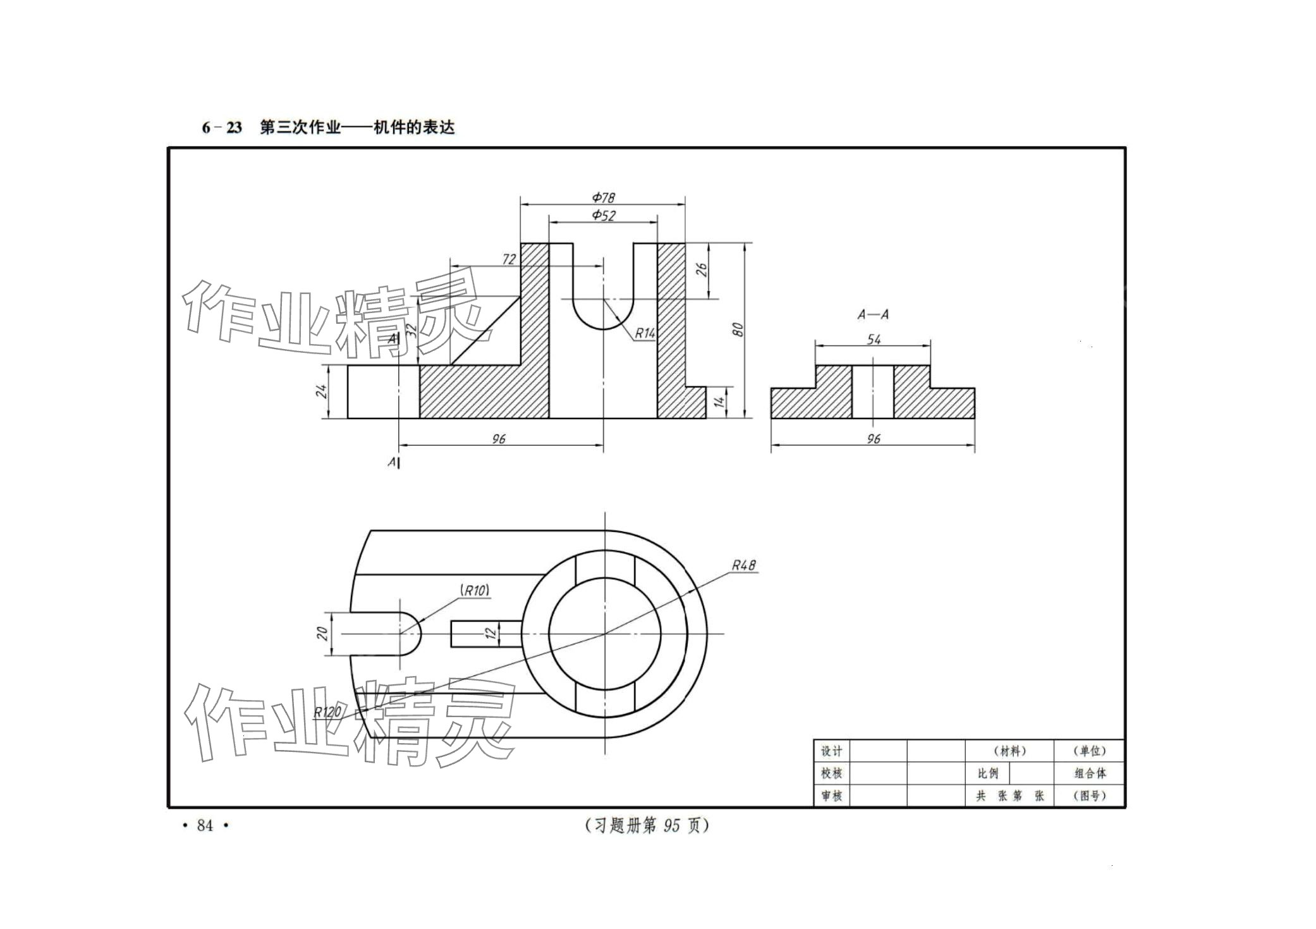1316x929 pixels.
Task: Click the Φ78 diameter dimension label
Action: [603, 197]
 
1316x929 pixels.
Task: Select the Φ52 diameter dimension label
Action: [603, 215]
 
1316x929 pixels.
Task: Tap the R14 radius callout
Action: [645, 333]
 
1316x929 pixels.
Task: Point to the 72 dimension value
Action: [509, 259]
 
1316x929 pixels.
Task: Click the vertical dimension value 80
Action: [737, 329]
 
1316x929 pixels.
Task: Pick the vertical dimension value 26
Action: [701, 270]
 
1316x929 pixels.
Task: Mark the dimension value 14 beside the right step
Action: [719, 402]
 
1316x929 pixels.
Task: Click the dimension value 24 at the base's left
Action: [322, 391]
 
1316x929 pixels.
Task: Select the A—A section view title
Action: [873, 314]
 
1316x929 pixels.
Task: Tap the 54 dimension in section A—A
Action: [874, 340]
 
